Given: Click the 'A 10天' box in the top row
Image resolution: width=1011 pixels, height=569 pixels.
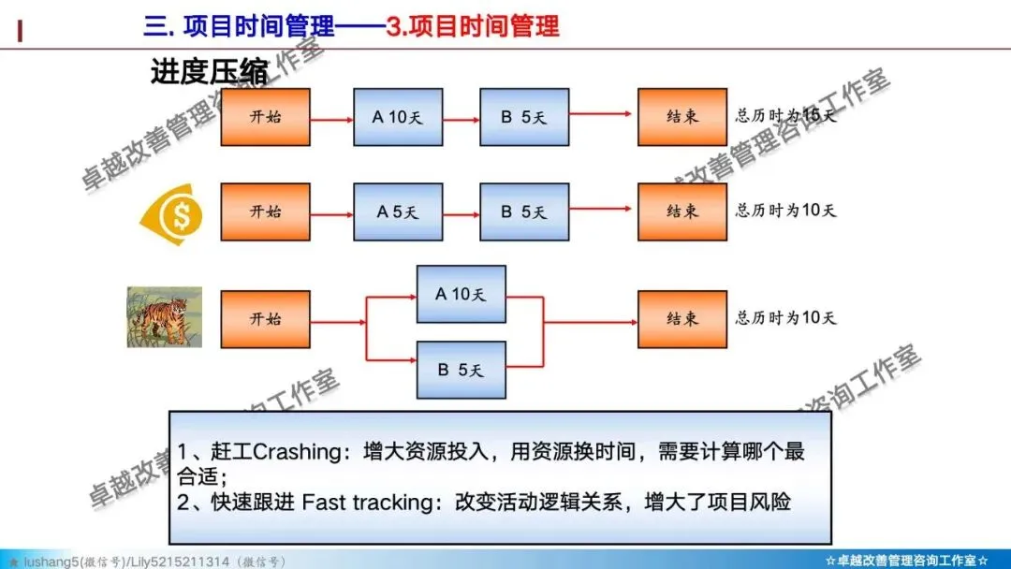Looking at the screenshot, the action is coord(398,117).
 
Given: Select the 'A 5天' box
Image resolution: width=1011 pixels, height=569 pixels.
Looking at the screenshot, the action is coord(398,212).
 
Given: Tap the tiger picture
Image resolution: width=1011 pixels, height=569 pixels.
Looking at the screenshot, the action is coord(165,317).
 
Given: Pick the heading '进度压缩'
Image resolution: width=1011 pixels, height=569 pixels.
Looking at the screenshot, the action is coord(209,72).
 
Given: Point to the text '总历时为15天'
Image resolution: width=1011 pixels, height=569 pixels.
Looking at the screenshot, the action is coord(785,116).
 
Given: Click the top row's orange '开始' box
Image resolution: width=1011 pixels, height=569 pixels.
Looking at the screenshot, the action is coord(265,117).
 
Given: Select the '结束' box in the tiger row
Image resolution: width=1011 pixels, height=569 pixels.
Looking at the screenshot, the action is coord(682,318).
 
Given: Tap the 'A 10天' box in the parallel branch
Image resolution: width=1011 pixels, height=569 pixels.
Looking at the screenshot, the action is coord(461,294).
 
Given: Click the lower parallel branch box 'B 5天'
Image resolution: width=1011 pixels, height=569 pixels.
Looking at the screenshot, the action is coord(461,370).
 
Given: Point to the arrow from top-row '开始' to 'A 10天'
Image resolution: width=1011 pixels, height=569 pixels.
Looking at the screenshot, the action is coord(331,118).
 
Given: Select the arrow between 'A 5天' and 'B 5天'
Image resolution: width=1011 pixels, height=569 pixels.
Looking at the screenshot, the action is coord(461,212).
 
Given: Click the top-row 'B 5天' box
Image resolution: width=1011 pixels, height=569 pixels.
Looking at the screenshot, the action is coord(524,117).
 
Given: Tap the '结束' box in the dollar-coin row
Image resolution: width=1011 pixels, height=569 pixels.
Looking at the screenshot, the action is coord(682,212).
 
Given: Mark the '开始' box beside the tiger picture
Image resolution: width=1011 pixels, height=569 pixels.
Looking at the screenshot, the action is coord(265,318).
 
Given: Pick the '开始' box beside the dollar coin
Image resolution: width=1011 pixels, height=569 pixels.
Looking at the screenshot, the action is coord(265,212).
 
